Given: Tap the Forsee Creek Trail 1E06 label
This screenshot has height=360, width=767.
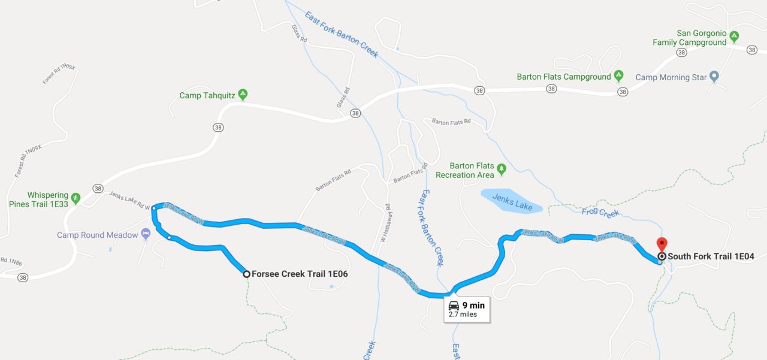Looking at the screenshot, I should [x=300, y=274].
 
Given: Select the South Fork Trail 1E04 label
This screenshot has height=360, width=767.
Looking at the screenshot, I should [x=711, y=256].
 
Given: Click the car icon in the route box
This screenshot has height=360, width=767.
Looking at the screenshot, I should [x=454, y=305].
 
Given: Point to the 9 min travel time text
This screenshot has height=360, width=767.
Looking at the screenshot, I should [x=473, y=305].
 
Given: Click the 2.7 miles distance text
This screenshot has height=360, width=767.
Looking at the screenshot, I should [x=463, y=314].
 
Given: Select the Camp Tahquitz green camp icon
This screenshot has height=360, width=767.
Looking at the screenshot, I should [x=243, y=95].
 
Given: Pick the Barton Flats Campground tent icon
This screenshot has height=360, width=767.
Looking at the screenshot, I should [x=619, y=76].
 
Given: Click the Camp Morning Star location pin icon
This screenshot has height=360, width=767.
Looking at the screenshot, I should [x=714, y=77].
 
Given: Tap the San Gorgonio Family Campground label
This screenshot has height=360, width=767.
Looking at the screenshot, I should [x=689, y=38].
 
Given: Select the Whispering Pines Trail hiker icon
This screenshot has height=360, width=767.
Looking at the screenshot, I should [x=76, y=197].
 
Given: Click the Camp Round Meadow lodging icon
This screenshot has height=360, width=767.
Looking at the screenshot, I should [x=145, y=233].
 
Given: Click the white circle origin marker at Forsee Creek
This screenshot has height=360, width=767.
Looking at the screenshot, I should [x=246, y=274].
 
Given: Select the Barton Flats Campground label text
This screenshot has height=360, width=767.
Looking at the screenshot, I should [x=564, y=77].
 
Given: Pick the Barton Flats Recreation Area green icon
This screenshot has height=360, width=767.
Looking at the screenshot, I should [x=502, y=168].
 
